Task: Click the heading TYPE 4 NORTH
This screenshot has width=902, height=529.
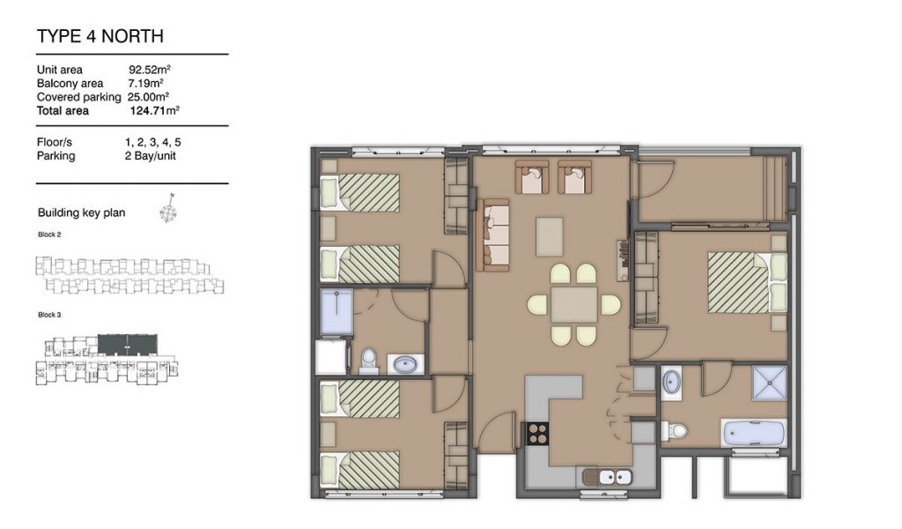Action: [100, 36]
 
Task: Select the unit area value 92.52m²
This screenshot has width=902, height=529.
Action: [150, 70]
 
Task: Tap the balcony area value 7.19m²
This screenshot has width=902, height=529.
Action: [145, 83]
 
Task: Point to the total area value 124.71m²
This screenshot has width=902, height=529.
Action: [154, 110]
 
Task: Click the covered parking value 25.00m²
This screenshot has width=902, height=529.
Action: [148, 97]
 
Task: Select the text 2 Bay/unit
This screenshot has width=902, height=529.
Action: [150, 155]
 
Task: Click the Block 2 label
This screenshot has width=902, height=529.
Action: [49, 235]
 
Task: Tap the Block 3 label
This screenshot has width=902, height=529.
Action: [49, 315]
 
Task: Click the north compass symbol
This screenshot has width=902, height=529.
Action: [168, 210]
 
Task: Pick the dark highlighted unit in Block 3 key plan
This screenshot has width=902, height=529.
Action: [128, 344]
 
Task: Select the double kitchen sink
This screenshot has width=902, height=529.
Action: [608, 477]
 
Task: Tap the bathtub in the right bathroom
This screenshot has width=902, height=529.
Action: [754, 433]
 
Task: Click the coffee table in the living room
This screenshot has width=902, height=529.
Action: [550, 236]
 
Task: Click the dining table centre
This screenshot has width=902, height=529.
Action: [574, 304]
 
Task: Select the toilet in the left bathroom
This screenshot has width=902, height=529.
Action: [368, 361]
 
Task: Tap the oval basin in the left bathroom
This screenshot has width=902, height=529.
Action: [406, 364]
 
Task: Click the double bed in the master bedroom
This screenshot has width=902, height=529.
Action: [747, 282]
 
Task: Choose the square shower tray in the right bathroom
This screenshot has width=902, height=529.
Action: [769, 382]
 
